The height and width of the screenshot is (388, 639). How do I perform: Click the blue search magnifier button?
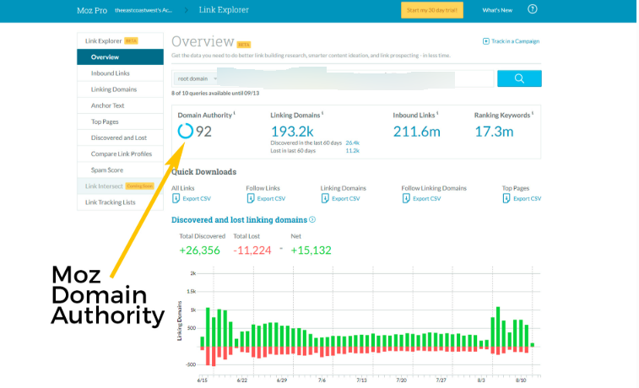pos(519,78)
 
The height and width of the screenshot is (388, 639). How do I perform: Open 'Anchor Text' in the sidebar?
pos(107,105)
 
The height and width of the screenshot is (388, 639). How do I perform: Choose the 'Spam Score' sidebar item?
pos(106,170)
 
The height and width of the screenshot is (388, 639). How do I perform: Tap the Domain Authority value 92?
pos(204,131)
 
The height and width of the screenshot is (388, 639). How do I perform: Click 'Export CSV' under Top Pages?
pos(526,198)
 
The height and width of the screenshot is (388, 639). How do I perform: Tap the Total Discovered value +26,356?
pos(199,250)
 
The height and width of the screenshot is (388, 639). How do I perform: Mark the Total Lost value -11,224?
pos(252,250)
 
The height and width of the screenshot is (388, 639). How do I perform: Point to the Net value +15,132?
pos(311,250)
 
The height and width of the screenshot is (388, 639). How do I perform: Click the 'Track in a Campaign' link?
pos(513,41)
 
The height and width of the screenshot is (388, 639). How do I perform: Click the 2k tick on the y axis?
pos(192,274)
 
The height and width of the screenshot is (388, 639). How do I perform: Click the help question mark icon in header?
pos(555,9)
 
